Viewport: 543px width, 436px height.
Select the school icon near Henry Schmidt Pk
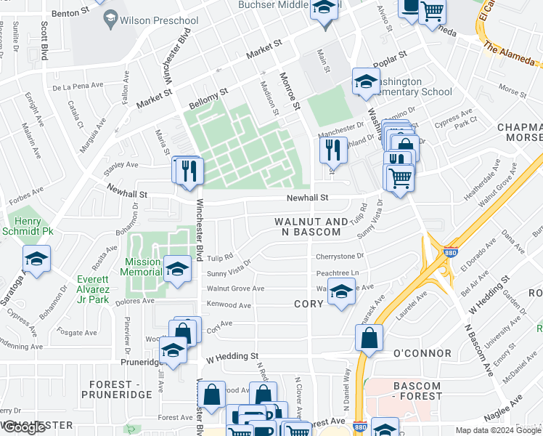click(36, 259)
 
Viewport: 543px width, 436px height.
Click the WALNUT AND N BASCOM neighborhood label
click(311, 227)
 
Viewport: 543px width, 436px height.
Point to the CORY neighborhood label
click(309, 303)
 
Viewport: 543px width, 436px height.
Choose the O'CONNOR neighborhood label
click(422, 354)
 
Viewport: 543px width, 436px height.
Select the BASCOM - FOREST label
click(417, 391)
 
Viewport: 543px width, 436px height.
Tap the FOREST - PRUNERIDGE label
click(121, 389)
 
